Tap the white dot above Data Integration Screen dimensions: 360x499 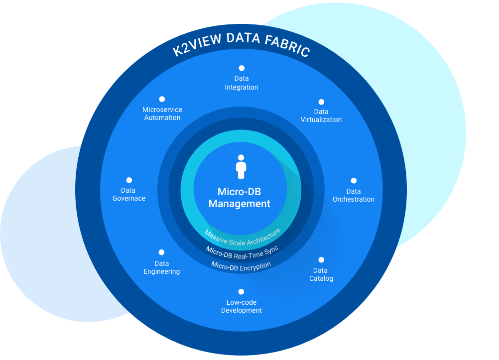[242, 68]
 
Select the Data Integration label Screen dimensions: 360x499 [242, 83]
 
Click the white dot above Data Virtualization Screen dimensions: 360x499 [321, 102]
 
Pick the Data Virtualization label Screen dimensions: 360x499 [321, 116]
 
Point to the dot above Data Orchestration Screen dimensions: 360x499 [354, 181]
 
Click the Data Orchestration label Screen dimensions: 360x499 [354, 195]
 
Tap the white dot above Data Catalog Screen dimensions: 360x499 [321, 260]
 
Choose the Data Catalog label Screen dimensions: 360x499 [321, 274]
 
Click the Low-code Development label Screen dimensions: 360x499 [242, 306]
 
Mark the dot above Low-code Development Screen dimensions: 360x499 [242, 292]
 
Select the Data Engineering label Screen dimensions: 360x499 [162, 267]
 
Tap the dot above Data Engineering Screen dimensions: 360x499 [161, 252]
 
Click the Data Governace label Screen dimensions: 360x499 [129, 194]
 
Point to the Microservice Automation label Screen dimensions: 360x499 [162, 114]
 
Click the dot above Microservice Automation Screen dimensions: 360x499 [162, 99]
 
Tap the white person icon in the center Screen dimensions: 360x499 [241, 167]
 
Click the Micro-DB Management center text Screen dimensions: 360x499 [240, 198]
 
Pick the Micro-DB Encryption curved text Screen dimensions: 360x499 [241, 265]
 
